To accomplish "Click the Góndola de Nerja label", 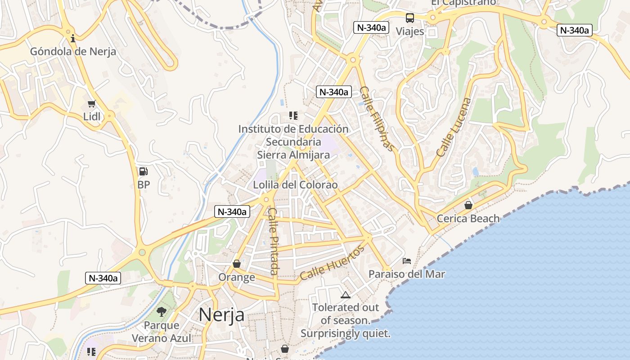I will coord(73,51).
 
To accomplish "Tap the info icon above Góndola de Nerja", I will coord(73,38).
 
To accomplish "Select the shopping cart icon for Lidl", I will coord(92,104).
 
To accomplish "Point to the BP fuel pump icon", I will coord(143,171).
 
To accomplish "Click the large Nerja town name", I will coord(221,315).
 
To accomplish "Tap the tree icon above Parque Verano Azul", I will coord(161,311).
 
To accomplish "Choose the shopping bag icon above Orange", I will coord(236,264).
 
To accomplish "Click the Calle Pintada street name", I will coord(273,241).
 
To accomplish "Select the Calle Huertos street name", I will coord(332,263).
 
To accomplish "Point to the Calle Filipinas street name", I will coord(378,119).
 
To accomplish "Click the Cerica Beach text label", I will coord(468,219).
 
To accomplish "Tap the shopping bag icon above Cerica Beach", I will coord(468,205).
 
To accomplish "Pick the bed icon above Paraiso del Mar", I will coord(406,261).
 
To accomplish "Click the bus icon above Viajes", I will coord(409,18).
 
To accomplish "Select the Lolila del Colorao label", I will coord(295,185).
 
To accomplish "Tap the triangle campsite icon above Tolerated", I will coord(345,295).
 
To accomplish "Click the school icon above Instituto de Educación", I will coord(293,116).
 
